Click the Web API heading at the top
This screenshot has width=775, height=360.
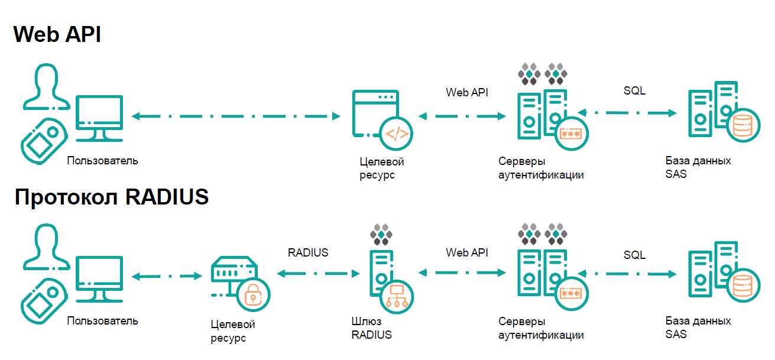pos(57,35)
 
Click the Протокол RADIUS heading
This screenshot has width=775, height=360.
pos(112,197)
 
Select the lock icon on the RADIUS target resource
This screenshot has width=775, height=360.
pos(253,293)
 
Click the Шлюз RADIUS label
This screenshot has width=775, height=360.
pos(371,328)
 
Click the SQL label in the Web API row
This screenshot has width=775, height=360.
pos(634,91)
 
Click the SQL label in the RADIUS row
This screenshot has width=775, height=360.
pos(634,255)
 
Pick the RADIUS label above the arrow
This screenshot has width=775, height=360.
pos(308,252)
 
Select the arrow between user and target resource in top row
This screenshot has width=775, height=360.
pos(236,116)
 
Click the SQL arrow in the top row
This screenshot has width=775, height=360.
pos(627,112)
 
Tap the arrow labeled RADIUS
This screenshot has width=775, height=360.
pos(319,274)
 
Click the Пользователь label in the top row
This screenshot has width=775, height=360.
pos(103,160)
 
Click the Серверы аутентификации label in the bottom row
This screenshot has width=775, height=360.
pos(541,328)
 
